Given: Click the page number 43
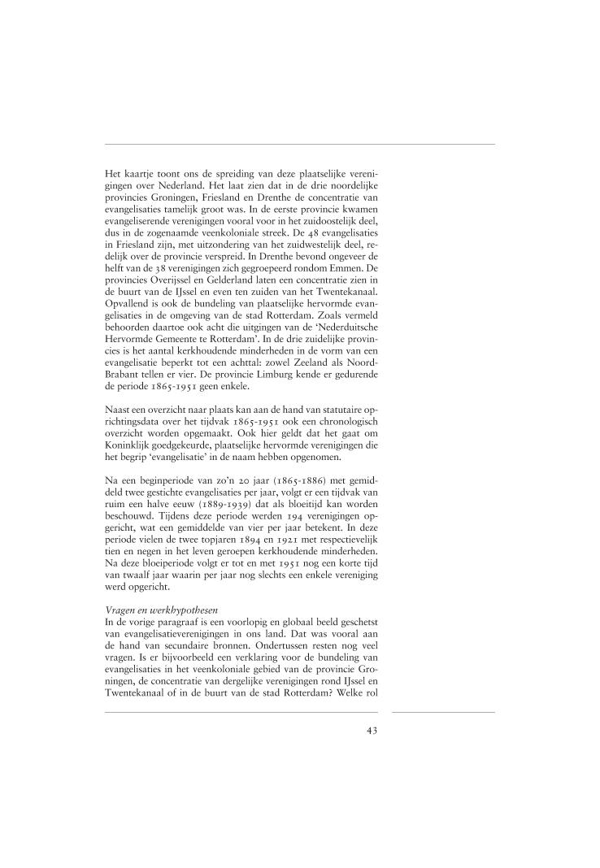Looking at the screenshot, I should click(372, 730).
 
